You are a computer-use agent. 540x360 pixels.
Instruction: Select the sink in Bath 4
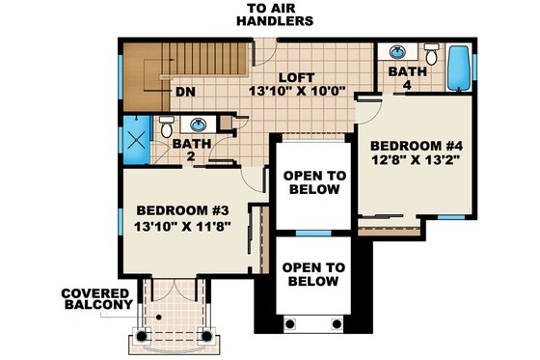[x=397, y=51]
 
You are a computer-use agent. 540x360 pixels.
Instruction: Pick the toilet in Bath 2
[x=166, y=126]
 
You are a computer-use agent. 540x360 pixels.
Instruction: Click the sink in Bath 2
[x=198, y=125]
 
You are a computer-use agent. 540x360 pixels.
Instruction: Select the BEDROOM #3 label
[x=181, y=210]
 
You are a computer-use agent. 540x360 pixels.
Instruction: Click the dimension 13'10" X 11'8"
[x=181, y=229]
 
